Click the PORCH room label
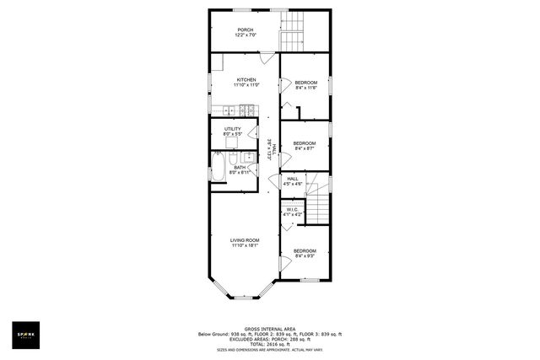[245, 30]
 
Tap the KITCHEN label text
[246, 80]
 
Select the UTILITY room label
[233, 129]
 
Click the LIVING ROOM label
[245, 240]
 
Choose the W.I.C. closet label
[293, 210]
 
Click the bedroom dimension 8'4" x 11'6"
[305, 88]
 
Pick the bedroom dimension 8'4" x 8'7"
[304, 148]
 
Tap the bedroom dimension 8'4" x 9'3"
[305, 255]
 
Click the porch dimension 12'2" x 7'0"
[245, 35]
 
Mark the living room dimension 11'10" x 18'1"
[245, 245]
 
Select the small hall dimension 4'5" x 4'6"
[293, 184]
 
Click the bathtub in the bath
[218, 169]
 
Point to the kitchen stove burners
[248, 109]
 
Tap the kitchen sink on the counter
[228, 109]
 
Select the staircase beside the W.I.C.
[317, 207]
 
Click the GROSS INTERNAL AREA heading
[269, 329]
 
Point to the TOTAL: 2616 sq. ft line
[269, 344]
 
